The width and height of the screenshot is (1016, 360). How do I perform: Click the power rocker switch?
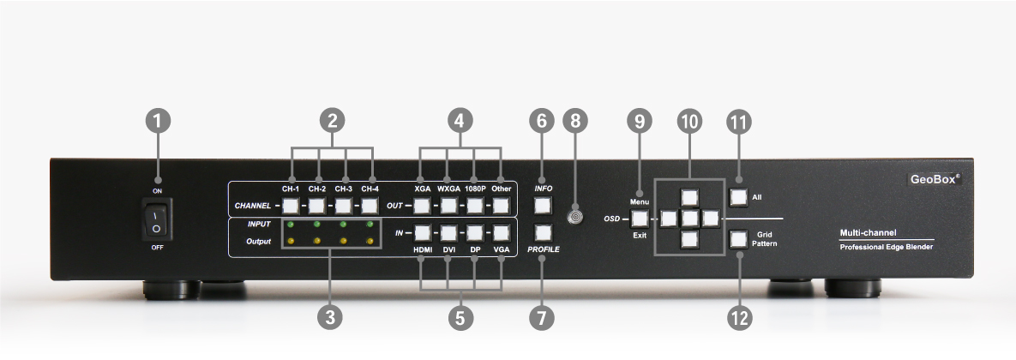coord(157,219)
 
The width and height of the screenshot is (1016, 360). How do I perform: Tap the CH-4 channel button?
coord(370,206)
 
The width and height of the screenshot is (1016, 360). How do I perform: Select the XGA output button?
coord(422,206)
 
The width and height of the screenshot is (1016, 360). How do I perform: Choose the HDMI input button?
coord(422,231)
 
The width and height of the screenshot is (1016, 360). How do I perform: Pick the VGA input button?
coord(502,231)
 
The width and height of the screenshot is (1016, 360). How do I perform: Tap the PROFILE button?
coord(542,231)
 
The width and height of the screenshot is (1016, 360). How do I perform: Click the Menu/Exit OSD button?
coord(640,218)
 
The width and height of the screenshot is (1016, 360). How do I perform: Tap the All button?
coord(738,197)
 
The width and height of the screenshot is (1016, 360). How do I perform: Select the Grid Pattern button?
coord(738,239)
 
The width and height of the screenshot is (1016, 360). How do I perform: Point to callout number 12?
coord(738,318)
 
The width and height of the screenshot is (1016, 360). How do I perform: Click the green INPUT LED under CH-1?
coord(292,225)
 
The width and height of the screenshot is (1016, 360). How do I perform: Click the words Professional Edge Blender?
coord(886,247)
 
